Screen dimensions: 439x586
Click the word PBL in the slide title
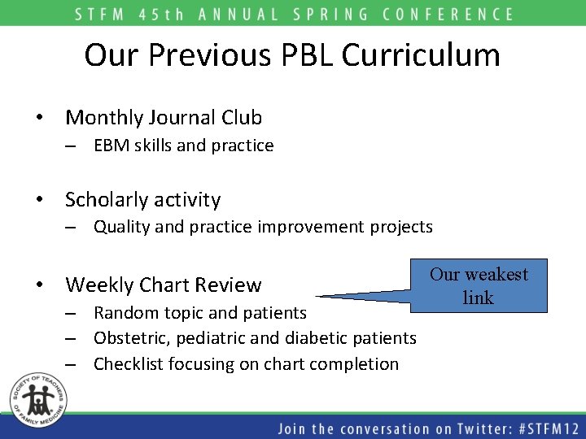click(x=308, y=55)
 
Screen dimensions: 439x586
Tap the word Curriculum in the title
click(x=421, y=55)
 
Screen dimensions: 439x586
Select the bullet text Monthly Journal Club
click(x=164, y=118)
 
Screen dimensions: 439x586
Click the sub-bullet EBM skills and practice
click(x=183, y=146)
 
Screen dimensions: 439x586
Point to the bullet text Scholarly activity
click(x=142, y=199)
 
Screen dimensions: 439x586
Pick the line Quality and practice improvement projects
click(x=263, y=227)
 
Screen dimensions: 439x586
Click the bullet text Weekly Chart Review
click(x=163, y=285)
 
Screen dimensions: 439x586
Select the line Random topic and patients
click(x=200, y=312)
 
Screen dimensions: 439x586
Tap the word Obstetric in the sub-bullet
click(x=127, y=337)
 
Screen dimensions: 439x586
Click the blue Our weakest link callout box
click(x=479, y=285)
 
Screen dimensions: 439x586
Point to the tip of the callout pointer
click(x=317, y=296)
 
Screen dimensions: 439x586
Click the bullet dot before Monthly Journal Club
click(x=39, y=118)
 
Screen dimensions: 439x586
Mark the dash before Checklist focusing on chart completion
click(x=72, y=364)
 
